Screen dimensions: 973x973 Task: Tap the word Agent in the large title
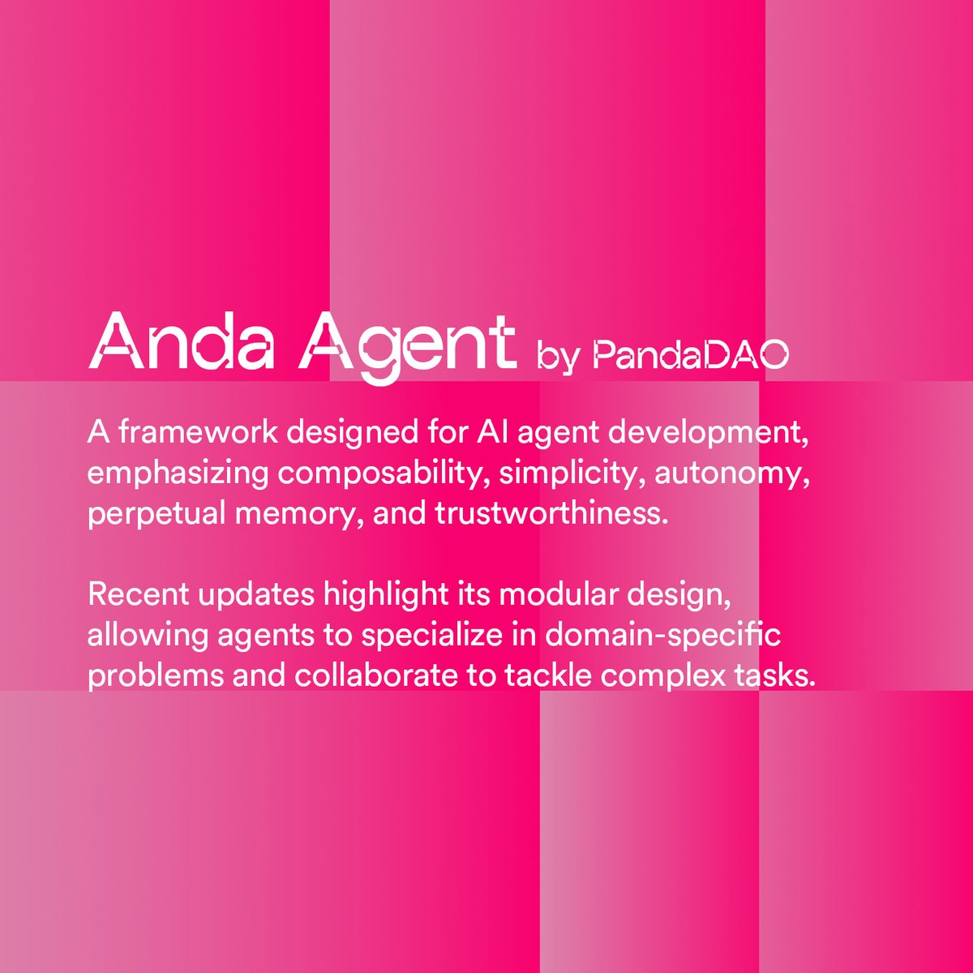[x=408, y=345]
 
